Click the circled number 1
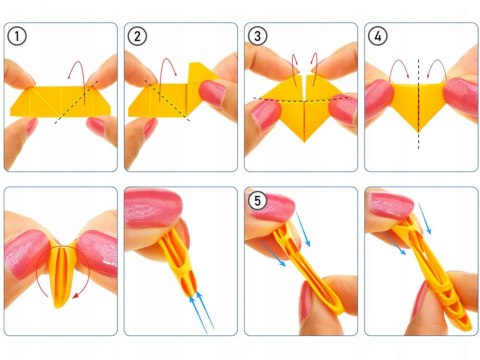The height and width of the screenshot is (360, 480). point(17,37)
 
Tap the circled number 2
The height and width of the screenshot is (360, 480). point(137,37)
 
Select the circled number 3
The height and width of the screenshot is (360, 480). point(257,37)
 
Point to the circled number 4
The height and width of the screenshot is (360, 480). point(377,37)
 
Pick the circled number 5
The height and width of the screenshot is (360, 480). point(259,200)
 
